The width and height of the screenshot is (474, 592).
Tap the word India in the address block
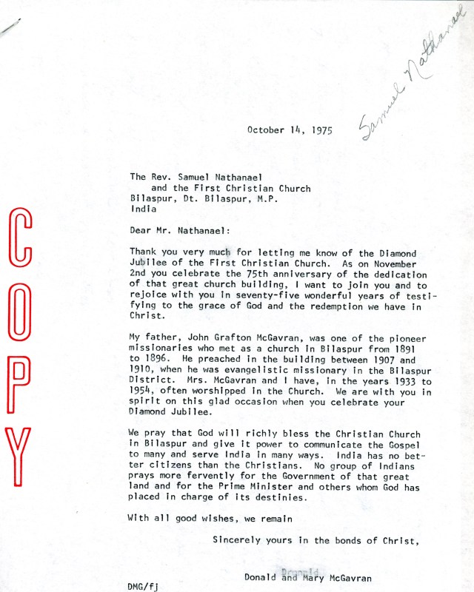coord(144,209)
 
